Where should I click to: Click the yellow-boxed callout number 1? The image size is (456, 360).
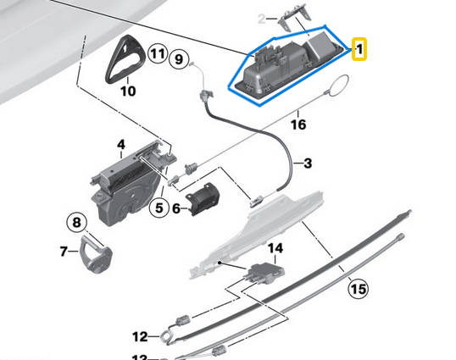tap(359, 50)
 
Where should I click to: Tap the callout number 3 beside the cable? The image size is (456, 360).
tap(307, 163)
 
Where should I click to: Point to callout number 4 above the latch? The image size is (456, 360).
tap(121, 146)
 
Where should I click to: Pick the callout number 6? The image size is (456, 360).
tap(176, 207)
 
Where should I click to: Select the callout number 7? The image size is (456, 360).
tap(64, 251)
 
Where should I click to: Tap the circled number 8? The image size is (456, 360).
tap(76, 224)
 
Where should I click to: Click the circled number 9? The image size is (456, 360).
tap(177, 58)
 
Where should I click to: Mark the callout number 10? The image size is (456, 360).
tap(127, 90)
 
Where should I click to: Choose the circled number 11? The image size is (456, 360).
tap(156, 53)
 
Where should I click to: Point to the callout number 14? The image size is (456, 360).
tap(274, 248)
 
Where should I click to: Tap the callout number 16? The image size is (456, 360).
tap(298, 124)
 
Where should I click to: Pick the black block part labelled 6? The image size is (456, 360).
tap(203, 202)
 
